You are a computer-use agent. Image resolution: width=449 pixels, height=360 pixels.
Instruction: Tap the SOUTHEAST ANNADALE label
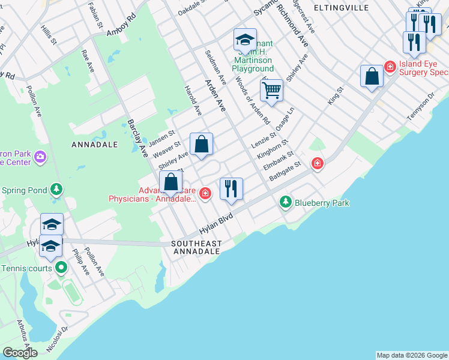tap(196, 247)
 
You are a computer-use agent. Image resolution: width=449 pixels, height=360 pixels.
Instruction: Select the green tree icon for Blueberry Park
tap(286, 203)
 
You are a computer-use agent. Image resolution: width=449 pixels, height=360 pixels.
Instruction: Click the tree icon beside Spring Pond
tap(56, 190)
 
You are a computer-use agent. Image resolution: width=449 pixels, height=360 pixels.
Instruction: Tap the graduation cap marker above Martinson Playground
tap(245, 40)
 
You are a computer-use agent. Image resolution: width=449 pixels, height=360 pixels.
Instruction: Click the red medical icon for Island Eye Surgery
tap(390, 65)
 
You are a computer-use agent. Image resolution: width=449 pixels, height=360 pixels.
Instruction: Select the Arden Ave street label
tap(215, 95)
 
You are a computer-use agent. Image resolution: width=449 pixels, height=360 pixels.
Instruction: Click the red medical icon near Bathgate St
tap(316, 163)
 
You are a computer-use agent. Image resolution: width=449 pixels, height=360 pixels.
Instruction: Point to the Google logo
tap(20, 352)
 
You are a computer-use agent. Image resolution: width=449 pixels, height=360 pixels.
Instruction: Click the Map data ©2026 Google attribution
tap(412, 355)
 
